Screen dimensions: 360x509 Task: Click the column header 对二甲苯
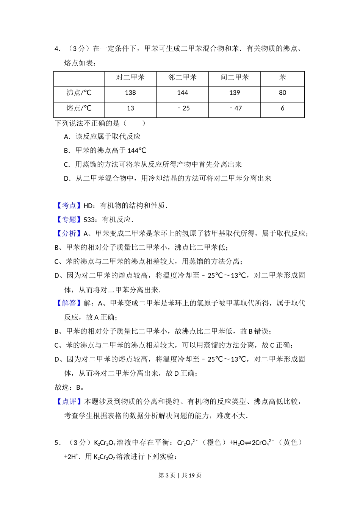(x=130, y=78)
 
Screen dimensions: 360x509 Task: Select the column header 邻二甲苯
(x=182, y=78)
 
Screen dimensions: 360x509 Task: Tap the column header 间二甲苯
(x=235, y=78)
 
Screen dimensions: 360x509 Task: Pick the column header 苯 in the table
(x=282, y=78)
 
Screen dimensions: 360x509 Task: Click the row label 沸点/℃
(x=79, y=93)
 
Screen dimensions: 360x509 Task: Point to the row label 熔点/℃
(x=79, y=108)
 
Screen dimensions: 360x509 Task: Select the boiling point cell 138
(x=130, y=93)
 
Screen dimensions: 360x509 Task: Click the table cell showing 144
(x=182, y=93)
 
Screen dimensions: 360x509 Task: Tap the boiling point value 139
(x=235, y=93)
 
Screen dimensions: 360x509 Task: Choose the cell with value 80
(x=282, y=93)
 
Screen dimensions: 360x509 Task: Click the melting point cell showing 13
(x=130, y=108)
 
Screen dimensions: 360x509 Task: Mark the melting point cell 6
(x=282, y=108)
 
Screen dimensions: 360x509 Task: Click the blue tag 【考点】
(x=69, y=206)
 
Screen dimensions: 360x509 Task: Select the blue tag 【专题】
(x=69, y=220)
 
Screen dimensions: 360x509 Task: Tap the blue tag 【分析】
(x=69, y=234)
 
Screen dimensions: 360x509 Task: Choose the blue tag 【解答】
(x=69, y=303)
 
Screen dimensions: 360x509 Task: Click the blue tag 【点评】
(x=69, y=401)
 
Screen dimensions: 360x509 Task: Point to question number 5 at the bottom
(x=57, y=443)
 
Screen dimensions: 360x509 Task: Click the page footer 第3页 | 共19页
(x=180, y=475)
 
